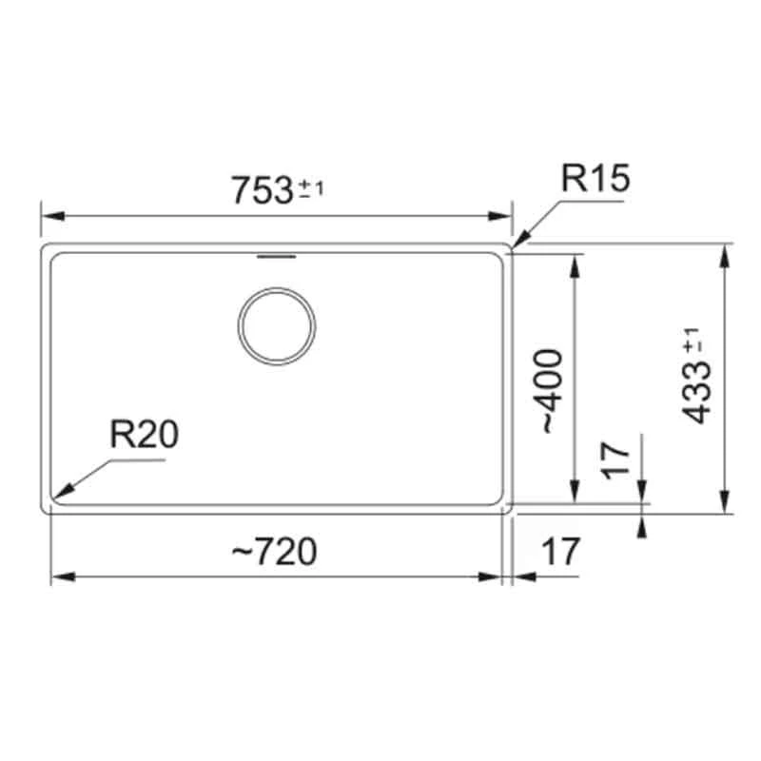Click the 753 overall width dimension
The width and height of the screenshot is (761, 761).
(x=261, y=189)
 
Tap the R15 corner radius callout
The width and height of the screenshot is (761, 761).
(x=595, y=180)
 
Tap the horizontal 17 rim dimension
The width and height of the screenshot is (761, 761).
(x=561, y=551)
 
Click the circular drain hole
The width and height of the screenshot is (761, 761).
(x=277, y=324)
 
